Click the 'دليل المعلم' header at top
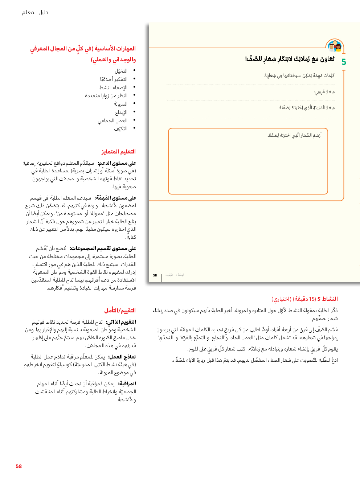tap(35, 12)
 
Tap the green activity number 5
tap(344, 62)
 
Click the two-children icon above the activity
tap(334, 46)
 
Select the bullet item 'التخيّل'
tap(121, 71)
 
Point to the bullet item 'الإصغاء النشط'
tap(113, 87)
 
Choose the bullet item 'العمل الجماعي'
tap(112, 120)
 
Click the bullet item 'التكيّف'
tap(120, 128)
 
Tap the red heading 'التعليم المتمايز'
tap(118, 152)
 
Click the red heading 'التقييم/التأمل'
tap(120, 311)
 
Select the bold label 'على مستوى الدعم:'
tap(117, 163)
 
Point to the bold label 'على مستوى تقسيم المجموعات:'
tap(103, 249)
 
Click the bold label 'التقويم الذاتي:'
tap(121, 322)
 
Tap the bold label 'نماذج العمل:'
tap(122, 357)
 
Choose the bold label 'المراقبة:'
tap(127, 383)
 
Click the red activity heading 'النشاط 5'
tap(327, 299)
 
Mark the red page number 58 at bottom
tap(19, 466)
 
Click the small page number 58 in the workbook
tap(155, 275)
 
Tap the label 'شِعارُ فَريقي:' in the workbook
tap(324, 92)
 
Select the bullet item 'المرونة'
tap(120, 104)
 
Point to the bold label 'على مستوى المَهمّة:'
tap(115, 198)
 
